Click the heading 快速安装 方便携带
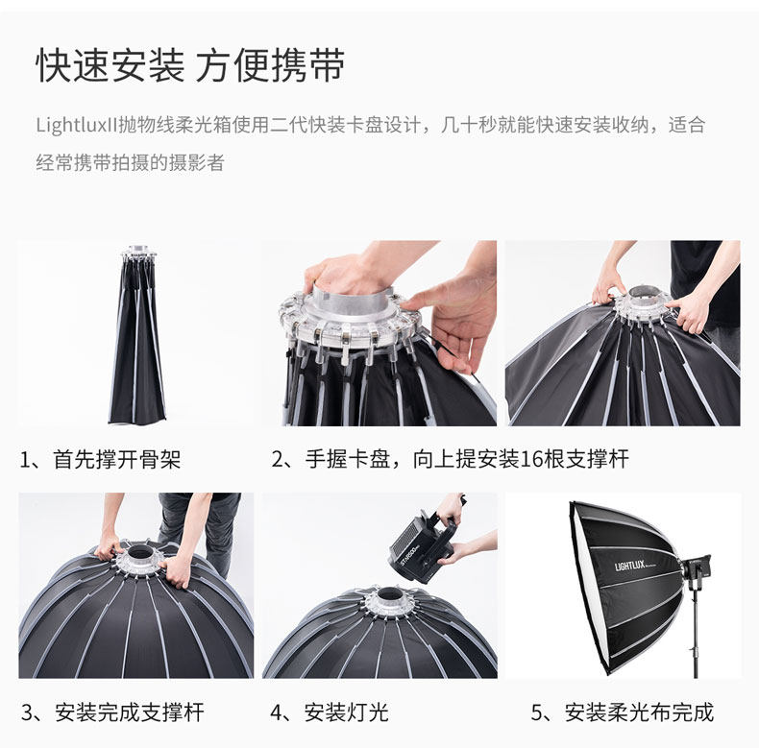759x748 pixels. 190,65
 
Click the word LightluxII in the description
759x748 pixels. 77,125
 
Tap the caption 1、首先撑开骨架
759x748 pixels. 100,459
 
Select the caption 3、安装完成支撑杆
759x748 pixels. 112,712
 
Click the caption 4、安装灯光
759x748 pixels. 330,712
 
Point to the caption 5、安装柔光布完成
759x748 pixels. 623,712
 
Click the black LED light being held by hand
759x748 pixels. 422,545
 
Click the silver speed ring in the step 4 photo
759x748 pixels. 388,600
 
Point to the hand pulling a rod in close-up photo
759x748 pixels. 451,320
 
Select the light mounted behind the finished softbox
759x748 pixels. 695,567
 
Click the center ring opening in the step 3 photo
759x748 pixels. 140,552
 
